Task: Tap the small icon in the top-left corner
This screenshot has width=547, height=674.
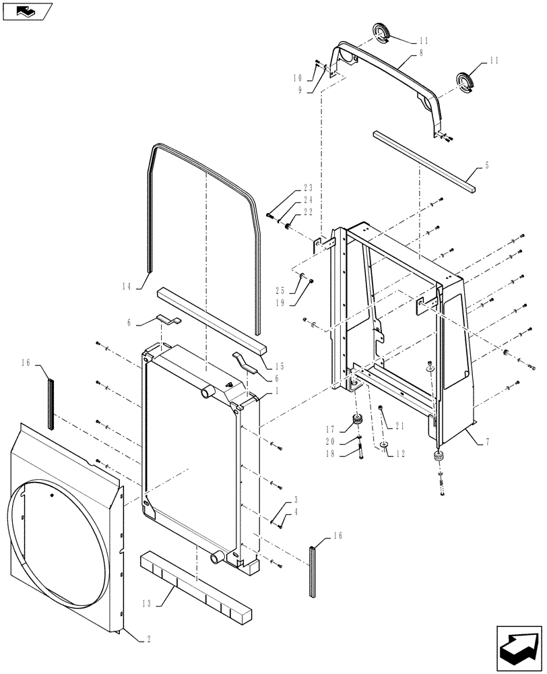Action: [x=26, y=10]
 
